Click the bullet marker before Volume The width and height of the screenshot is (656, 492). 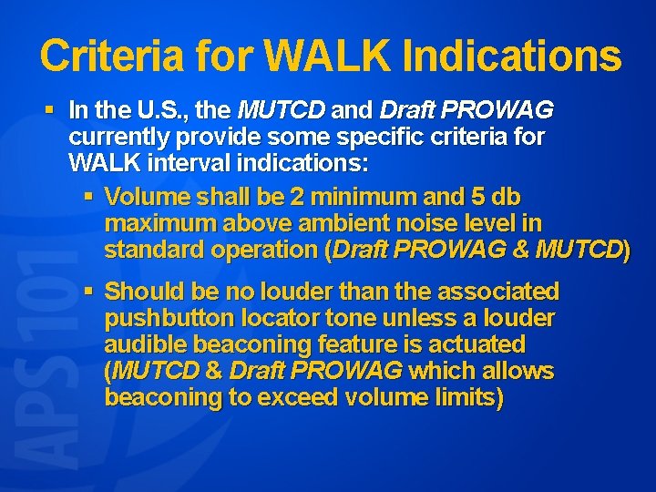(88, 196)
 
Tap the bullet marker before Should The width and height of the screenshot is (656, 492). (88, 291)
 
